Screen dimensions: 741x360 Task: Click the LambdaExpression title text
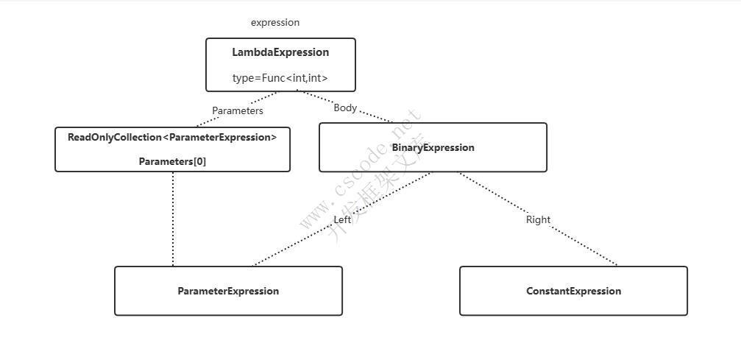[280, 52]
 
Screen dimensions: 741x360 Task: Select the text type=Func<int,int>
[280, 78]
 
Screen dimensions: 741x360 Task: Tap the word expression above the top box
[275, 23]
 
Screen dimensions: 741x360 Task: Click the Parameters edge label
[237, 110]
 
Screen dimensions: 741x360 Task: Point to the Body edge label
[345, 108]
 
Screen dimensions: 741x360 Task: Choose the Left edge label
[342, 220]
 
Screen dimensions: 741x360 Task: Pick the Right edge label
[538, 219]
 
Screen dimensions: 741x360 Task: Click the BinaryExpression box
[433, 147]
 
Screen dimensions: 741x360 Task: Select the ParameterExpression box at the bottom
[228, 291]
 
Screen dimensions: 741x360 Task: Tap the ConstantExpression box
[573, 291]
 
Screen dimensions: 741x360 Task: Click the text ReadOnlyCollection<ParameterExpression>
[172, 137]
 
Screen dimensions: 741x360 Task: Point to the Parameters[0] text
[172, 161]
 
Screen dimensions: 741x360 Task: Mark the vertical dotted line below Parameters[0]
[173, 219]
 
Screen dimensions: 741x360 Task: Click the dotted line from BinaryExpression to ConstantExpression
[538, 219]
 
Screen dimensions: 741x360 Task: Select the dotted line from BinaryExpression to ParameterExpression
[342, 219]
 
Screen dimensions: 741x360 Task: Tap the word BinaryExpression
[433, 147]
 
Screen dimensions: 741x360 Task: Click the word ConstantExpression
[573, 291]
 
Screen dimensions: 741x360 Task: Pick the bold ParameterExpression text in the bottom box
[228, 291]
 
